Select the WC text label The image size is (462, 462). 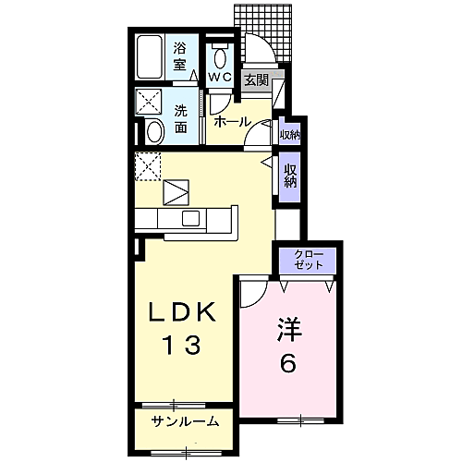219,77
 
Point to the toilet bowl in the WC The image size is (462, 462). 219,54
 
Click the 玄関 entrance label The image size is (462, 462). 256,80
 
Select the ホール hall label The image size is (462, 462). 231,121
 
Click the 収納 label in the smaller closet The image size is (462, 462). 289,135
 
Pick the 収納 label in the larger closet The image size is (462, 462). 289,176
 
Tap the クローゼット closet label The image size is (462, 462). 309,259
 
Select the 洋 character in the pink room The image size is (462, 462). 287,329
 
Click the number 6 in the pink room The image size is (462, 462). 287,364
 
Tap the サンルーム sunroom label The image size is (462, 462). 187,422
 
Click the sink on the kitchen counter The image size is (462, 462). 190,218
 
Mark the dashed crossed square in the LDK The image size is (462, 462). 149,167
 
